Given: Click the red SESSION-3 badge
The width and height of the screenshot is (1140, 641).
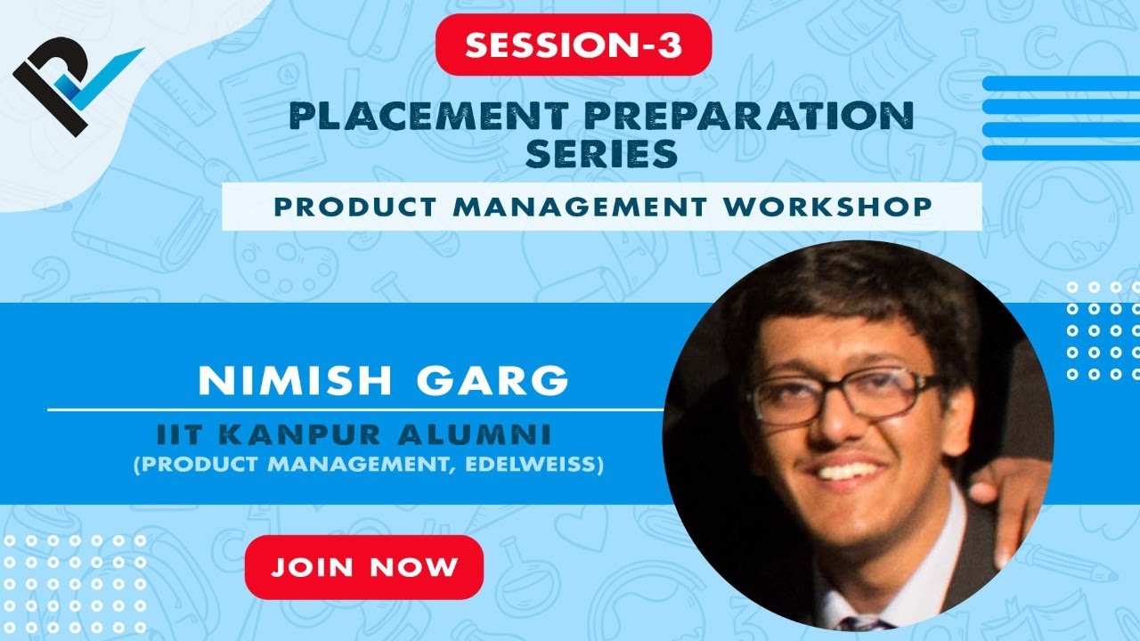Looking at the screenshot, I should pos(574,45).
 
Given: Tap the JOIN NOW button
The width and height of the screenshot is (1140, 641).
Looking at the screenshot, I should pos(364,567).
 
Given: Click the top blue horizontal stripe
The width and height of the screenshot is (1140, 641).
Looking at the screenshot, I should pos(1060,84).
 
